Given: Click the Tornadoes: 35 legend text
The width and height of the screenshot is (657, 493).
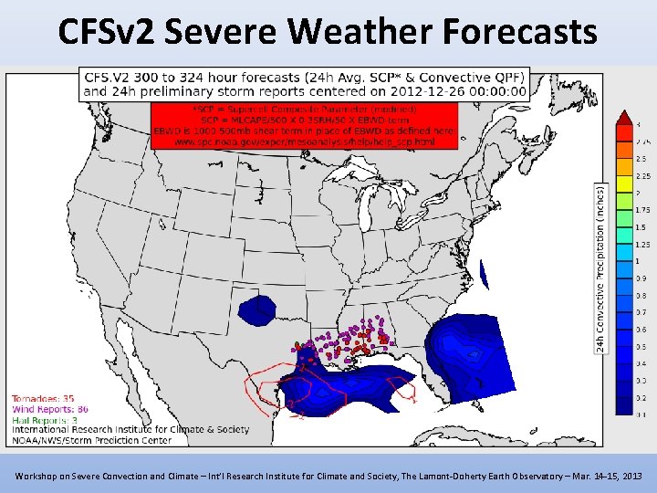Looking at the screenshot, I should click(43, 399).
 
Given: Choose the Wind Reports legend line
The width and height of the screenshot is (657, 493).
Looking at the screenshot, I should click(50, 409).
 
